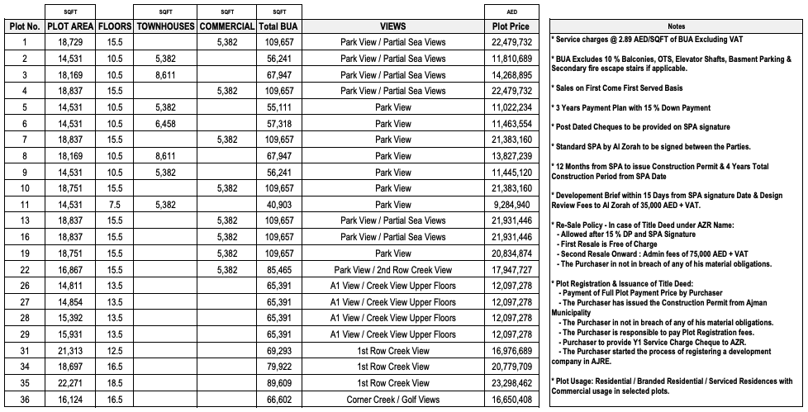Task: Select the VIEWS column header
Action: point(392,26)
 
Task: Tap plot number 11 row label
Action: point(25,204)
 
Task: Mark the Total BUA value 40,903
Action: point(278,204)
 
